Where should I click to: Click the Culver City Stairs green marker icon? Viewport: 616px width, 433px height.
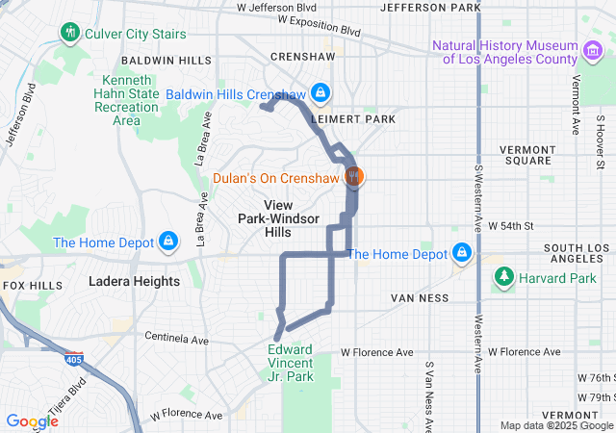pyautogui.click(x=69, y=34)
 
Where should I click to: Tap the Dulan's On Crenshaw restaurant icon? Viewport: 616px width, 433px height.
pyautogui.click(x=354, y=176)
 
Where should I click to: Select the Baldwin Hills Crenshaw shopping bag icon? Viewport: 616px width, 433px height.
pyautogui.click(x=321, y=94)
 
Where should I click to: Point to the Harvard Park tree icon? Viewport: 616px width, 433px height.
pyautogui.click(x=503, y=279)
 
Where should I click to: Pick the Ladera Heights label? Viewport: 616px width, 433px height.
pyautogui.click(x=134, y=282)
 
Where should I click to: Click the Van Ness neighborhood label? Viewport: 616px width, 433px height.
pyautogui.click(x=420, y=298)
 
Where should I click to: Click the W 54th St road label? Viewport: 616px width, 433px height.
pyautogui.click(x=511, y=225)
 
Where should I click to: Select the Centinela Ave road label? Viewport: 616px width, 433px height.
pyautogui.click(x=176, y=339)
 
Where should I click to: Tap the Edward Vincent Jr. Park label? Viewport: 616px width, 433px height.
pyautogui.click(x=291, y=364)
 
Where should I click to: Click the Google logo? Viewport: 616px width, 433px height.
pyautogui.click(x=32, y=420)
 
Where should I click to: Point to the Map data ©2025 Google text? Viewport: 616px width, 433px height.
pyautogui.click(x=555, y=425)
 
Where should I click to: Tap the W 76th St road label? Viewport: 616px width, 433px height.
pyautogui.click(x=594, y=377)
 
